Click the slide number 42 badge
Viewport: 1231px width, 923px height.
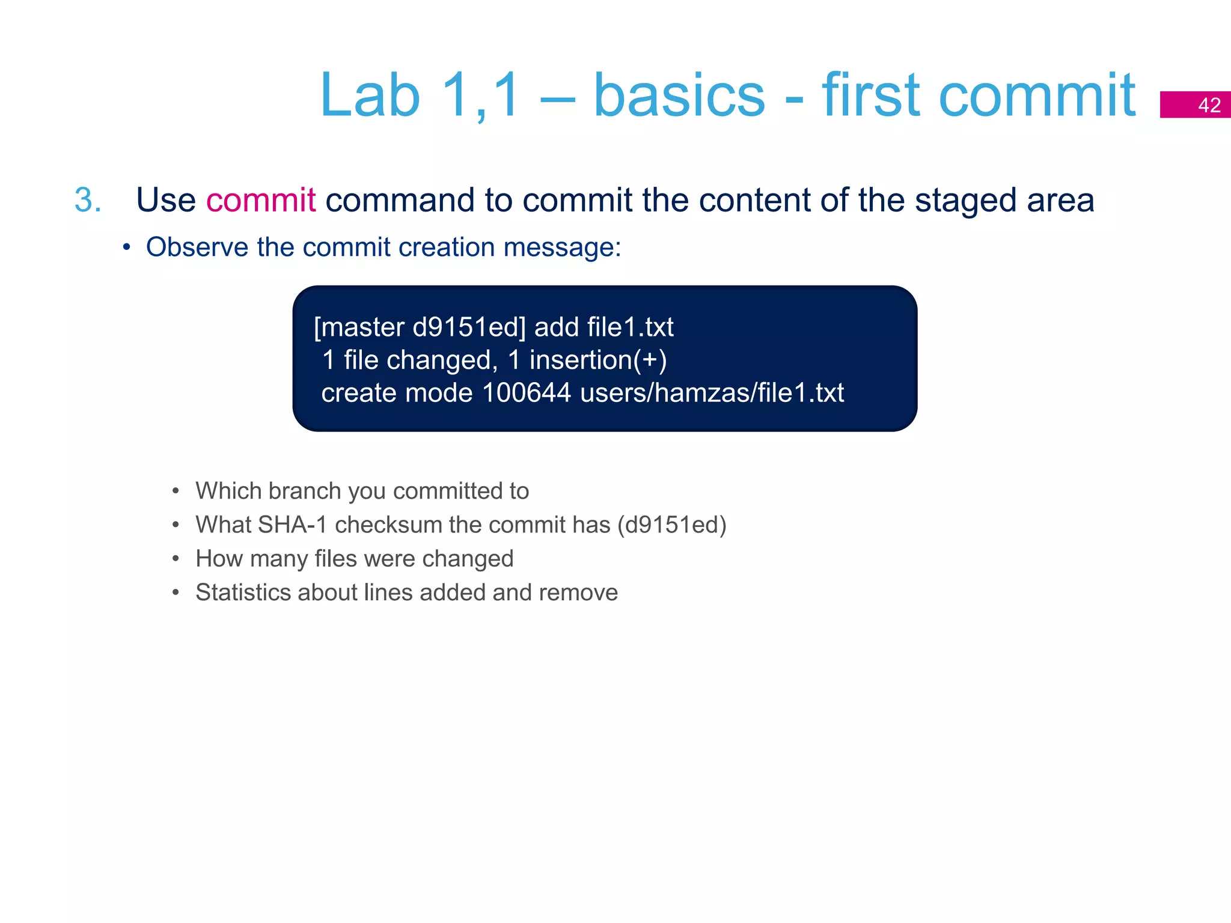click(1195, 105)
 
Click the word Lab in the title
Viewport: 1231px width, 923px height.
click(369, 96)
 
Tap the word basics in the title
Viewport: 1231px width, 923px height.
click(679, 96)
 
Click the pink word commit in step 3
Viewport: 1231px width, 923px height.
click(260, 200)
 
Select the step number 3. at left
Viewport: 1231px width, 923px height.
click(88, 200)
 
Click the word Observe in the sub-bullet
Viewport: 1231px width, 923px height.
click(197, 248)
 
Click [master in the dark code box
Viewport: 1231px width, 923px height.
click(359, 327)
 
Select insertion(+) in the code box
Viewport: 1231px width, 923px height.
click(597, 361)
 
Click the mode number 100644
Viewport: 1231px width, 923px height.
click(526, 393)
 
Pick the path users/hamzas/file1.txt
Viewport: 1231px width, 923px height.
click(712, 393)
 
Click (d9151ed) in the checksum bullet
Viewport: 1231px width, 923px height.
click(672, 525)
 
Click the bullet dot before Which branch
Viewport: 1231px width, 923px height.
click(176, 492)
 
